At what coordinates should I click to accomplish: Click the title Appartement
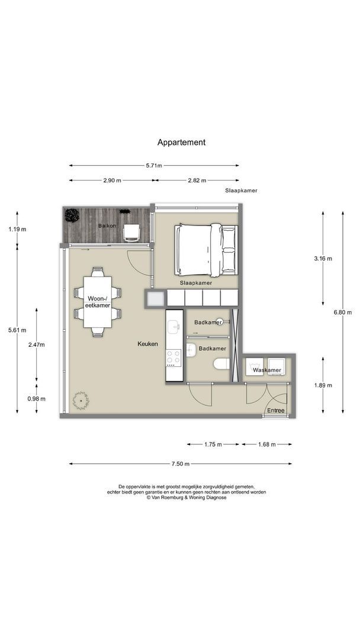(x=181, y=142)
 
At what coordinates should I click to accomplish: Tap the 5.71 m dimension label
(x=154, y=166)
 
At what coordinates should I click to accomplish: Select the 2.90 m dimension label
(x=112, y=180)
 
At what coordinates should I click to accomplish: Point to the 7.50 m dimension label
(x=181, y=464)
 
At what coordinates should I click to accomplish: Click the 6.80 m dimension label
(x=342, y=312)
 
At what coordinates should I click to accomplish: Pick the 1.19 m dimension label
(x=17, y=229)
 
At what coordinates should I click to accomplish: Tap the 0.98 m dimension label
(x=36, y=399)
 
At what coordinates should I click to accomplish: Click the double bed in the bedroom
(x=206, y=250)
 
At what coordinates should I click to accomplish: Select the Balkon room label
(x=107, y=225)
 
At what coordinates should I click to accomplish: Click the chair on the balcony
(x=131, y=233)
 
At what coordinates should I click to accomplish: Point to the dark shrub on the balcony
(x=72, y=215)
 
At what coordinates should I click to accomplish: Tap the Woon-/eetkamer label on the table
(x=98, y=301)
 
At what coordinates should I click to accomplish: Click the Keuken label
(x=147, y=344)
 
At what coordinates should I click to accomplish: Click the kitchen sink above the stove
(x=174, y=326)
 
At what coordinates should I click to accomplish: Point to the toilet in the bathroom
(x=222, y=363)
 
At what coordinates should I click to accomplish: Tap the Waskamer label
(x=267, y=370)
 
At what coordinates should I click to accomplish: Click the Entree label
(x=275, y=411)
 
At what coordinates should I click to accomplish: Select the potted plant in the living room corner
(x=81, y=401)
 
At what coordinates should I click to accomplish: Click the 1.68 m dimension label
(x=266, y=444)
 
